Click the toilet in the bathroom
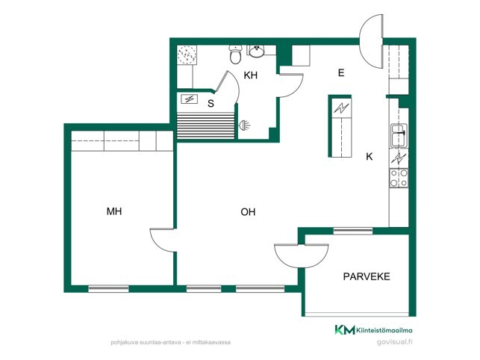235,55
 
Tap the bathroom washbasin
257,52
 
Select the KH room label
250,75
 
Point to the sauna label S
211,104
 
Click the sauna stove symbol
190,99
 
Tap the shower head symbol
244,125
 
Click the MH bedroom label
114,211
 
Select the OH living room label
248,211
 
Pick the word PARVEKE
367,276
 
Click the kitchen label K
370,157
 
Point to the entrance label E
341,73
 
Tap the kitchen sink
399,135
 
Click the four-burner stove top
399,178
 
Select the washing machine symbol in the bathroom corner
187,55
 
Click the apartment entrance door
371,41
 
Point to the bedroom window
108,288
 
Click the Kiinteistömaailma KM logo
373,330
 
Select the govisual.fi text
395,342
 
